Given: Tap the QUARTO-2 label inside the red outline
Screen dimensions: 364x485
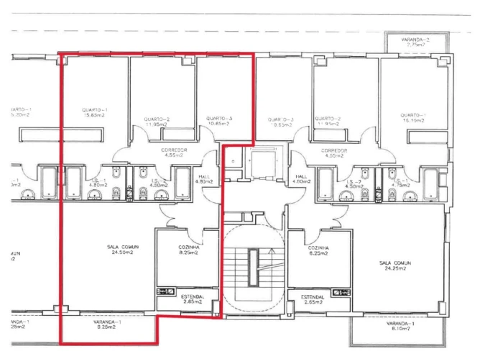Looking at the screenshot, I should coord(156,122).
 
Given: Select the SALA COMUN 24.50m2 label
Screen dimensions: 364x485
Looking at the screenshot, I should coord(124,249).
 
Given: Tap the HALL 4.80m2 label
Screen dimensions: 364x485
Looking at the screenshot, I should coord(302,179).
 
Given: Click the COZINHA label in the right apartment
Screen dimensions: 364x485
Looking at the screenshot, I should coord(318,250).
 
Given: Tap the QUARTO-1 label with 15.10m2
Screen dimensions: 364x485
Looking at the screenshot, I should coord(413,117).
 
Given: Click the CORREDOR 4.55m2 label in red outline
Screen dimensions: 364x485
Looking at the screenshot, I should coord(175,153).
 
